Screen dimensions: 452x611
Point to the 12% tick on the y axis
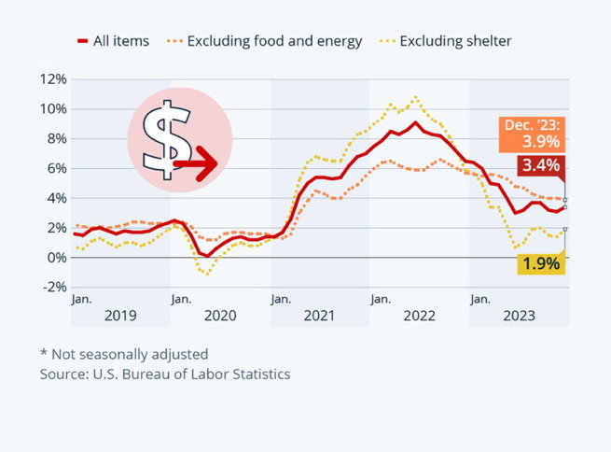(53, 79)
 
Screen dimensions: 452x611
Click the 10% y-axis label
(53, 109)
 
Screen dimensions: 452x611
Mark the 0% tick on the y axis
(57, 258)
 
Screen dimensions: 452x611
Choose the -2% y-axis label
(53, 288)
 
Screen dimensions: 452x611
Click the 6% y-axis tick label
(57, 168)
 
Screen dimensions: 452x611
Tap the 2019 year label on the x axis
(119, 316)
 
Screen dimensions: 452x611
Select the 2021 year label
(320, 316)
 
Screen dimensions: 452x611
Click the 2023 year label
(518, 316)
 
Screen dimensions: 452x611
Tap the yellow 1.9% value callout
(541, 263)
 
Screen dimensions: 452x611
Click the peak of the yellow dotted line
(415, 97)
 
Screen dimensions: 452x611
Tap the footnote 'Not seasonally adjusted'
(123, 354)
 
